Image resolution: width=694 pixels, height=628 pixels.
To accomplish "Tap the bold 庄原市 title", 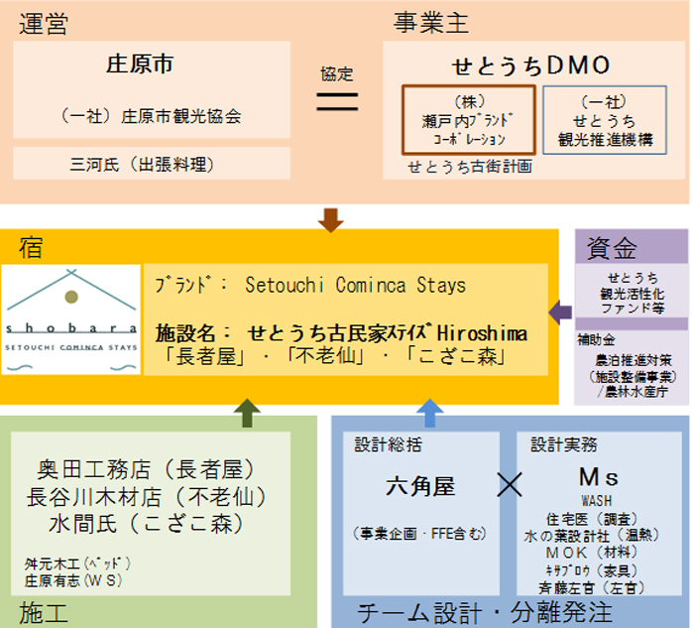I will click(x=140, y=65).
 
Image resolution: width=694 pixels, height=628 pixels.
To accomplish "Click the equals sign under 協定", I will click(x=336, y=100).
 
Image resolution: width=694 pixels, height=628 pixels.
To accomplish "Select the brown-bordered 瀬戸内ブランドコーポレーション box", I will click(x=469, y=120).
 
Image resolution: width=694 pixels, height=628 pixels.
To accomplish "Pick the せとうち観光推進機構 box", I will click(x=605, y=120).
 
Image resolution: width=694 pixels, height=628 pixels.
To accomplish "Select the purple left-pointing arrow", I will click(x=560, y=314).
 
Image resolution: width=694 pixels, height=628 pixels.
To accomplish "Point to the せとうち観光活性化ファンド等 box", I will click(x=632, y=293).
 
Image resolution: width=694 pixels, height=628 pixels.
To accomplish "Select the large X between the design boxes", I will click(x=508, y=485).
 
